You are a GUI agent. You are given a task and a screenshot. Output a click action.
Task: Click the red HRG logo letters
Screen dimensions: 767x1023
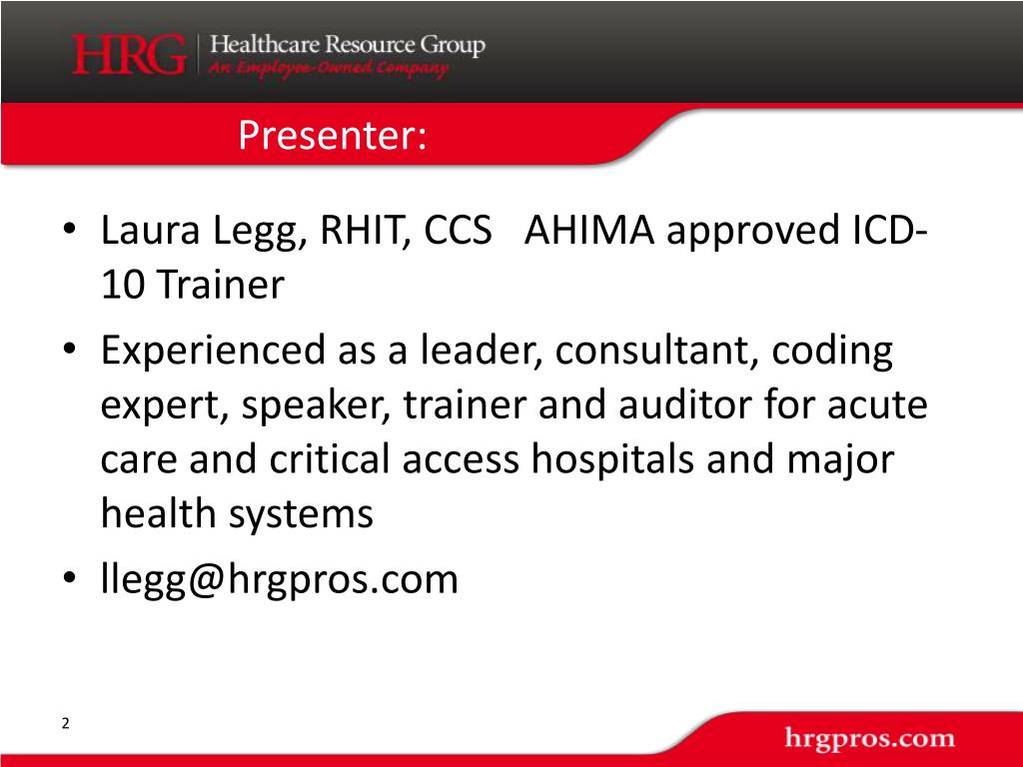point(128,55)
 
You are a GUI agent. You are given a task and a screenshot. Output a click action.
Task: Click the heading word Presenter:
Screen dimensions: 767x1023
point(333,135)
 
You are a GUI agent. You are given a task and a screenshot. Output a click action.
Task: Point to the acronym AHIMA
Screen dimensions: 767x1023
point(590,232)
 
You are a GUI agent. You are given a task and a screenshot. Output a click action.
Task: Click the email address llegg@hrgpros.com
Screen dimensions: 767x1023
point(279,579)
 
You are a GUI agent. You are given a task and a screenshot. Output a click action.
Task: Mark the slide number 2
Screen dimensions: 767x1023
point(66,724)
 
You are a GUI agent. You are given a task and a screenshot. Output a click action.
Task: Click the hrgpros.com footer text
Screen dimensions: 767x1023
point(869,740)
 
